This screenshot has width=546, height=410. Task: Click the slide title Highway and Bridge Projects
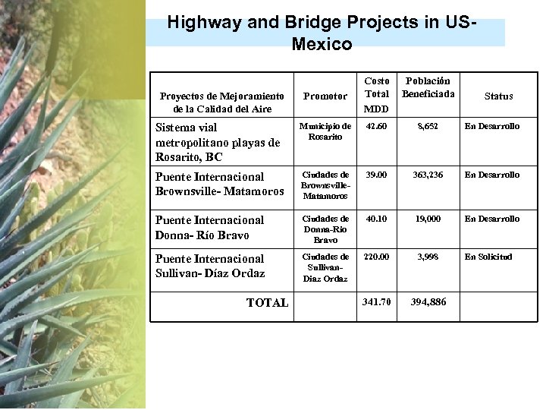click(322, 33)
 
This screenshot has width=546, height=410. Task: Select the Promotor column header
click(325, 96)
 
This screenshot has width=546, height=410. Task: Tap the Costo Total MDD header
click(377, 94)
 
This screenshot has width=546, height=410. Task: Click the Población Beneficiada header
click(428, 87)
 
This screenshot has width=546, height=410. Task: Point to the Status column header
click(498, 96)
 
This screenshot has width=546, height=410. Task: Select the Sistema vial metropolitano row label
click(217, 142)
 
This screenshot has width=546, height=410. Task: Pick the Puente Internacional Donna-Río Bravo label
click(209, 227)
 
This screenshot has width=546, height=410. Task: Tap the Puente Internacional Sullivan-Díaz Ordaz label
click(209, 266)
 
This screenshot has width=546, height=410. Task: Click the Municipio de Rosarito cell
click(325, 131)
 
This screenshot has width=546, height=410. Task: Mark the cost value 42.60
click(377, 126)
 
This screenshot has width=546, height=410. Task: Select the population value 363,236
click(428, 175)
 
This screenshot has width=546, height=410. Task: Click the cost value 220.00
click(377, 257)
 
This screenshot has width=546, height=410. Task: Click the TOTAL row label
click(267, 303)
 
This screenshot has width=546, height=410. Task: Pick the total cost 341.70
click(377, 302)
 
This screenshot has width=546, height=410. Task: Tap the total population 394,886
click(428, 302)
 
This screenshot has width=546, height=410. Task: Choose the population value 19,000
click(428, 219)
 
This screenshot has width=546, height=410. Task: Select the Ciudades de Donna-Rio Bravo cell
click(325, 229)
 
